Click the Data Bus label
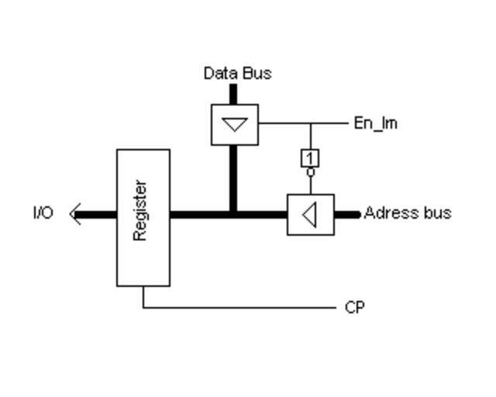[x=237, y=74]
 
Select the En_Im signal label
[x=375, y=123]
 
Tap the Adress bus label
[x=407, y=212]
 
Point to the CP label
[x=354, y=308]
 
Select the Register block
[x=143, y=256]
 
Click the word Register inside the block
[x=140, y=210]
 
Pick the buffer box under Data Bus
[x=235, y=124]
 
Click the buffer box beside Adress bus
[x=311, y=215]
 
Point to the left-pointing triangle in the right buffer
[x=310, y=215]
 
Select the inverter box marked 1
[x=310, y=158]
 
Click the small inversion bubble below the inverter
[x=310, y=172]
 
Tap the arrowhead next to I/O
[x=74, y=214]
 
